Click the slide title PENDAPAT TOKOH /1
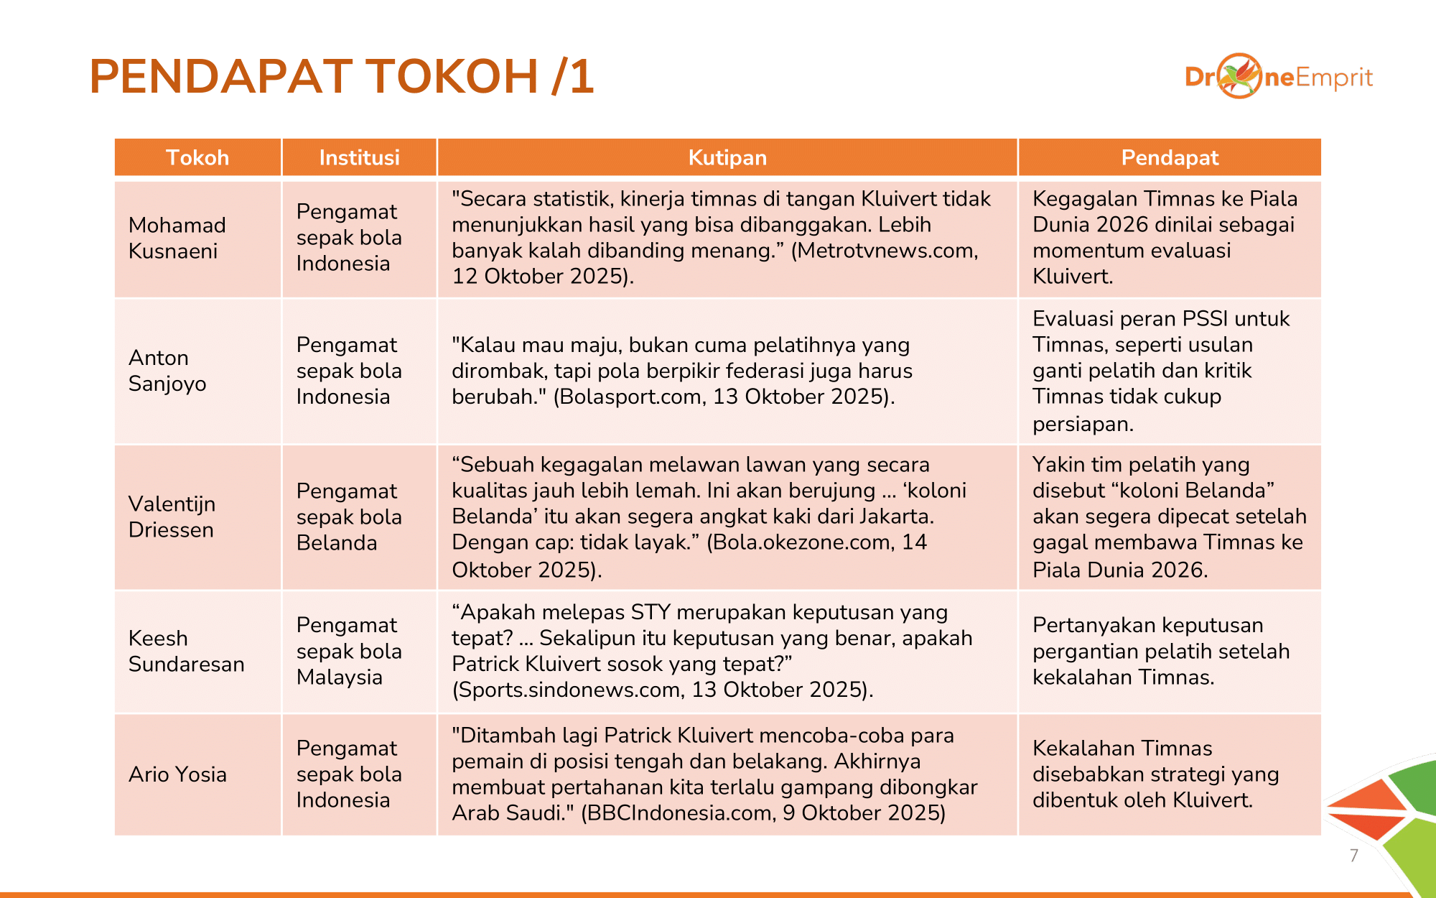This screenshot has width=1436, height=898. coord(342,76)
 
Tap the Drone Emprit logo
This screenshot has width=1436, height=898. coord(1278,76)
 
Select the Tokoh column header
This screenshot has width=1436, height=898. coord(197,157)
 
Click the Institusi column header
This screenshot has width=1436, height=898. coord(359,157)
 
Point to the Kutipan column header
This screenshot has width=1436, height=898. coord(727,157)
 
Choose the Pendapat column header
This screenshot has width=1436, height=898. coord(1170,157)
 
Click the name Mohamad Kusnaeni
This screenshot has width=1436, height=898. coord(177,238)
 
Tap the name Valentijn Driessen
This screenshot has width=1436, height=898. coord(172,517)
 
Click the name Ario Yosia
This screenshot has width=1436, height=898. coord(177,774)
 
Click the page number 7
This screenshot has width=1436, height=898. coord(1354,856)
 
